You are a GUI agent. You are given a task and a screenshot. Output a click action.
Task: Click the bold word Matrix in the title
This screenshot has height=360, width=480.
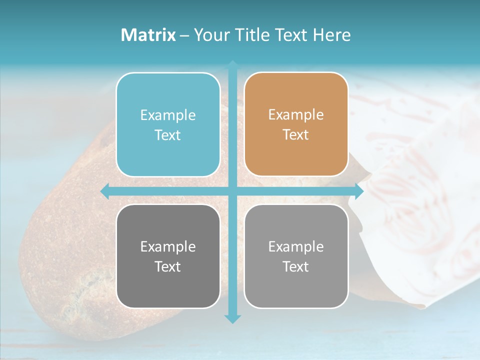coord(148,35)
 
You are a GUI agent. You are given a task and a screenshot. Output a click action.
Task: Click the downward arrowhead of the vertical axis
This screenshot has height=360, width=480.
coord(232,318)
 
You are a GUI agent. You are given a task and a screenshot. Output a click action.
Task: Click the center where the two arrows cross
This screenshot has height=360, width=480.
coord(232,191)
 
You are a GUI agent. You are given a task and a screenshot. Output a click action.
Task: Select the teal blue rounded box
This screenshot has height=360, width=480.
coord(168,124)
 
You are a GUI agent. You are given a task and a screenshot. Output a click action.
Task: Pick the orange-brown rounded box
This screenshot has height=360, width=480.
coord(296,124)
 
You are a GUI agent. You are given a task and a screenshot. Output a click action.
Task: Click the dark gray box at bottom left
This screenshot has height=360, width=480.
coord(168,256)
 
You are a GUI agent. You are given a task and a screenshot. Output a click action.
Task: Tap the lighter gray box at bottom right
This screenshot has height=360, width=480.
coord(296,256)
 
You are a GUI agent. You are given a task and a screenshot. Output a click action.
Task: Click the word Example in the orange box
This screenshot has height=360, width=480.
coord(296,115)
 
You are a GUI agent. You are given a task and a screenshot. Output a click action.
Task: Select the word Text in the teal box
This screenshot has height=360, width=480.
coord(168,135)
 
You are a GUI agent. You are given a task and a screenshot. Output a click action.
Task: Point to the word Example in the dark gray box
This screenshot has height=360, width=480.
coord(168,246)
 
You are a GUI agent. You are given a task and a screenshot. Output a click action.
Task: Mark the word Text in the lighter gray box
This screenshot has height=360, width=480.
coord(296,266)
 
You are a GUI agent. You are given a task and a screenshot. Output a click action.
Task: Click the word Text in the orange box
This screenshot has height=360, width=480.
coord(296,135)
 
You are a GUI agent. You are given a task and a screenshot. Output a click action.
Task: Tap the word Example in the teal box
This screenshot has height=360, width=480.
coord(168,115)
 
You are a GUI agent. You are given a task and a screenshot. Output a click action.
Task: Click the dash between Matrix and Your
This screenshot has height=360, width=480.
coord(184,35)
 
